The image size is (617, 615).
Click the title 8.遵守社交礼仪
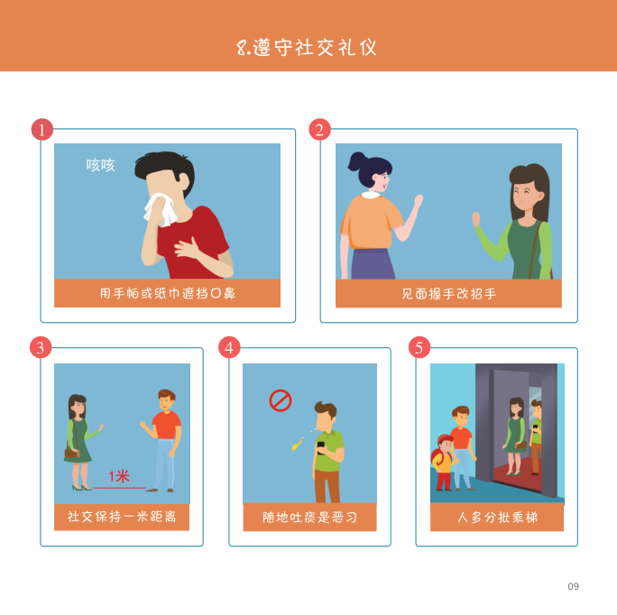tap(307, 48)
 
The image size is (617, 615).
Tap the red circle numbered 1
tap(42, 130)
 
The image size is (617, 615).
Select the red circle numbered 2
tap(319, 130)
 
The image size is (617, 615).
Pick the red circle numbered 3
tap(41, 347)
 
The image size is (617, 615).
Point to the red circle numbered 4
tap(229, 347)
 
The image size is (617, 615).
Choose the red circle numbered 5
tap(419, 347)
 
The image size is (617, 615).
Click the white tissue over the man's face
tap(161, 209)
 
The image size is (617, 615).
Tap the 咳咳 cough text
tap(100, 165)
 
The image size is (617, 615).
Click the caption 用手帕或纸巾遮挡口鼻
tap(167, 293)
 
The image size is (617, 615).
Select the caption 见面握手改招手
tap(448, 294)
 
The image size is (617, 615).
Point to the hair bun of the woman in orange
tap(356, 161)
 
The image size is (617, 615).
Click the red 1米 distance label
tap(119, 476)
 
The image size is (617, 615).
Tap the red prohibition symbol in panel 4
tap(281, 400)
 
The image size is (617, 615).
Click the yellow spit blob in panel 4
tap(297, 445)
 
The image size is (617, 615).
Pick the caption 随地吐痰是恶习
tap(309, 517)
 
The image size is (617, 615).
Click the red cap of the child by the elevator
tap(445, 439)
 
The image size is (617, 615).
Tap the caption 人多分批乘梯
tap(497, 517)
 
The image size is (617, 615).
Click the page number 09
tap(573, 586)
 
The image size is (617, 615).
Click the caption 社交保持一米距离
tap(122, 516)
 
